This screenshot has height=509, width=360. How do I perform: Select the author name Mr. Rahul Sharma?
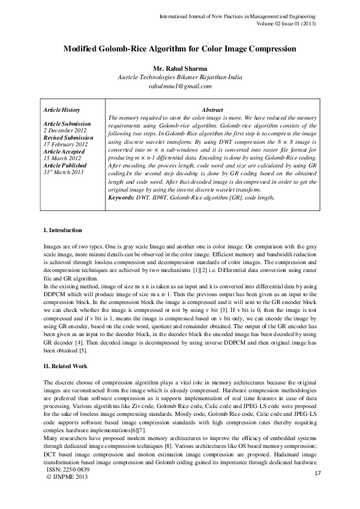pos(180,68)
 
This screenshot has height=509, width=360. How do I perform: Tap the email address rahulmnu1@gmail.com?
pos(180,86)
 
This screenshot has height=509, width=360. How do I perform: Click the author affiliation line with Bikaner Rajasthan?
pos(180,77)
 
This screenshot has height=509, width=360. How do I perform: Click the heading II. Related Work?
pos(66,366)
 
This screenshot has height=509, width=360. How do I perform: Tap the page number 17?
pos(317,473)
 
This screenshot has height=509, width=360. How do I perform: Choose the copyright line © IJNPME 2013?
pos(67,477)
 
